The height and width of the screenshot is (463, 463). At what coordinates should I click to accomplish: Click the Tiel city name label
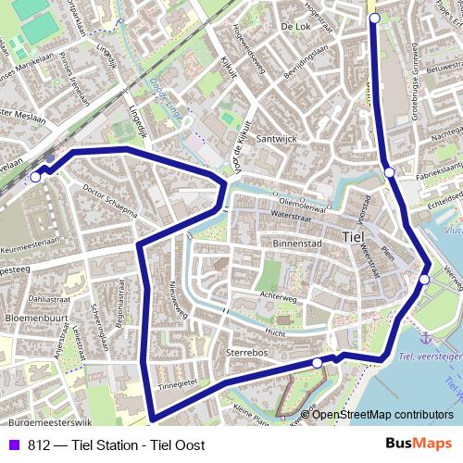coord(354,237)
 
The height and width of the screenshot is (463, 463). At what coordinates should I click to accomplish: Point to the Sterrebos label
coord(245,353)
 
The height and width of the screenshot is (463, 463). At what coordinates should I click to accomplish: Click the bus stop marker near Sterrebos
coord(317,363)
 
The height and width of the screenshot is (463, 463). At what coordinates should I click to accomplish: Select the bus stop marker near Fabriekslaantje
coord(390,171)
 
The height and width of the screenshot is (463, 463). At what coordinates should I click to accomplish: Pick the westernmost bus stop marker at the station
coord(35,177)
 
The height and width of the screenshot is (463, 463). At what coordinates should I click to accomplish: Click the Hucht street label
coord(274,330)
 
